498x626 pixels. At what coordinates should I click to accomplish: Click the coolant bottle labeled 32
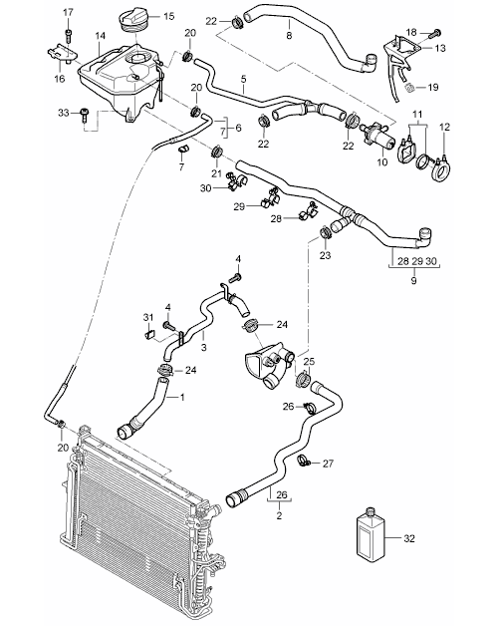(x=370, y=534)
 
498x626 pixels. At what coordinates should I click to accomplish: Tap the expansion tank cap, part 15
(x=135, y=20)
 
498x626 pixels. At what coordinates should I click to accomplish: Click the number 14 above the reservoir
(x=101, y=36)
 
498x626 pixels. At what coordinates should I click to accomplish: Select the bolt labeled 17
(x=69, y=36)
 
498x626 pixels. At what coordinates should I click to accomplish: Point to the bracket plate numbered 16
(x=62, y=54)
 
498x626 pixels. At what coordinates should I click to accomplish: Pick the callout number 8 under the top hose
(x=289, y=36)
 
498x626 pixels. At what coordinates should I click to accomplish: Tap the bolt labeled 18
(x=434, y=33)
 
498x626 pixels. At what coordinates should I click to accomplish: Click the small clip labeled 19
(x=409, y=87)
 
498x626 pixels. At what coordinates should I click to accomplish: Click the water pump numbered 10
(x=375, y=135)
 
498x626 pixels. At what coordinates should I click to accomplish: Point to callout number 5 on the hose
(x=243, y=79)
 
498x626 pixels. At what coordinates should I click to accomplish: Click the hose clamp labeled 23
(x=325, y=231)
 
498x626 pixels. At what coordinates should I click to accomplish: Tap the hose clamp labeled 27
(x=305, y=462)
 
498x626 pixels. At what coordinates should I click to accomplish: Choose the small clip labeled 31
(x=148, y=334)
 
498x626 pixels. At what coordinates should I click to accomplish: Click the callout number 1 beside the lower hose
(x=182, y=398)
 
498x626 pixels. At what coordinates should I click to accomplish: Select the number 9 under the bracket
(x=413, y=281)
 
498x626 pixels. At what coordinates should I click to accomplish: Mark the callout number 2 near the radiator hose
(x=279, y=515)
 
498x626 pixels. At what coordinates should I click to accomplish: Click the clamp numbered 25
(x=303, y=378)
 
